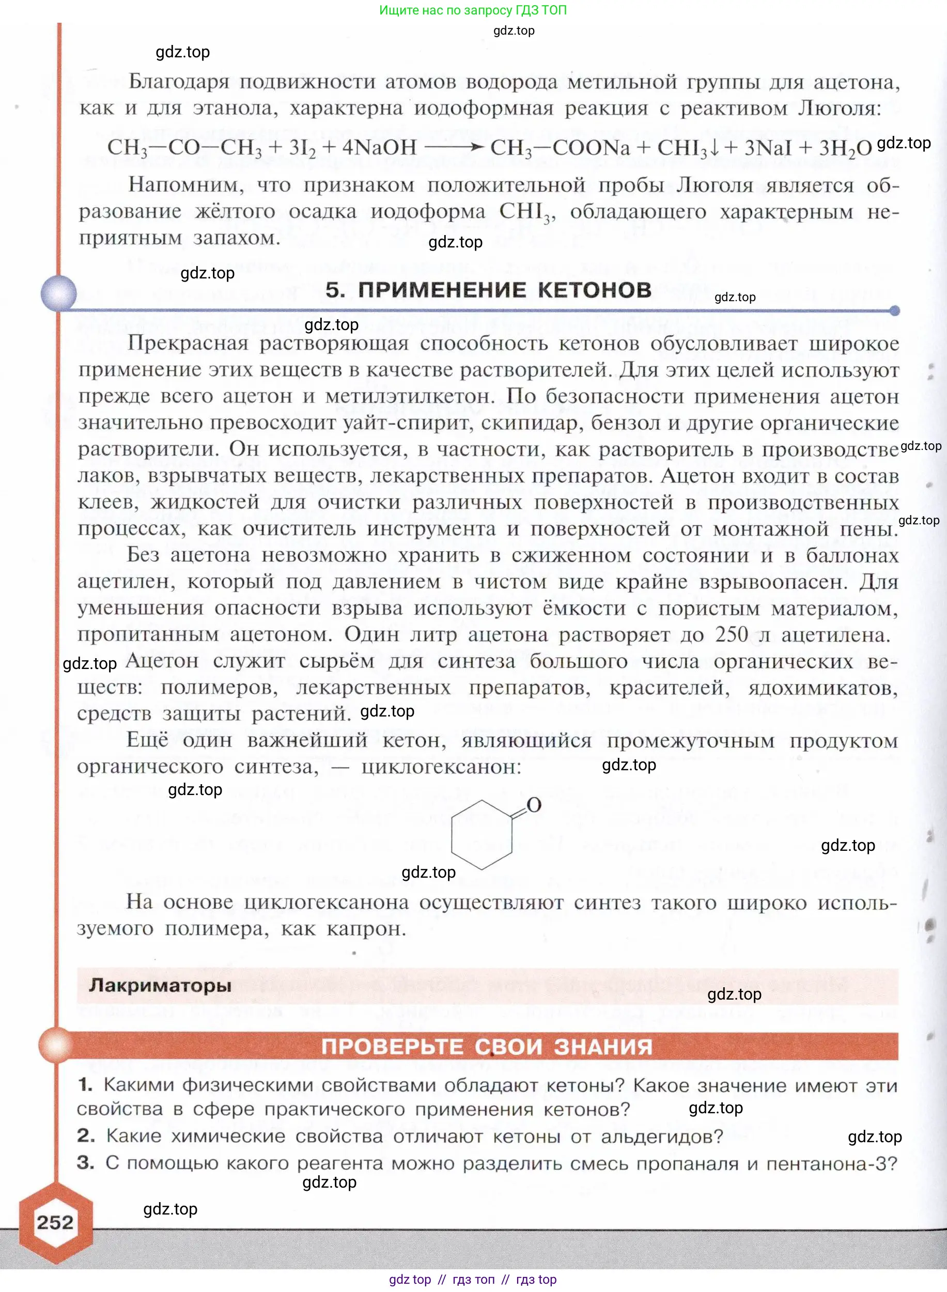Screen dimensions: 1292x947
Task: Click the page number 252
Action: (x=55, y=1222)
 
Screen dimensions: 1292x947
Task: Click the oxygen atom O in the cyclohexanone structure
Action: (x=534, y=805)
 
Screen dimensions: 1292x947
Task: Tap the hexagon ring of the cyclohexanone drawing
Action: (x=482, y=835)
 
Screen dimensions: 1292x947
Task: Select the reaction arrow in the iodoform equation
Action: (x=453, y=147)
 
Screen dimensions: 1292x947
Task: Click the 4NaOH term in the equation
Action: (x=380, y=148)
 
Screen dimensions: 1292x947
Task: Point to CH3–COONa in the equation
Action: (x=560, y=148)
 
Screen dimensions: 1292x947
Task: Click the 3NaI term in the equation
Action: (x=768, y=148)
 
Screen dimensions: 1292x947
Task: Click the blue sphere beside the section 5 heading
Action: (x=58, y=293)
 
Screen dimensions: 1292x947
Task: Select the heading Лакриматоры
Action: (x=160, y=985)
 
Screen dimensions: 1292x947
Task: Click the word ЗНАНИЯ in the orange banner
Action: (x=603, y=1047)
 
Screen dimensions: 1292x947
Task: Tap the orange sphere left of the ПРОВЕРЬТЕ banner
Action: (x=56, y=1045)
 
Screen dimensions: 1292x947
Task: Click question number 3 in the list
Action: (x=85, y=1162)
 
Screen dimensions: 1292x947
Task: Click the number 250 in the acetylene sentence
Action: (x=731, y=634)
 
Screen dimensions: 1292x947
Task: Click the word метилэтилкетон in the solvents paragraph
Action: (x=409, y=396)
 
